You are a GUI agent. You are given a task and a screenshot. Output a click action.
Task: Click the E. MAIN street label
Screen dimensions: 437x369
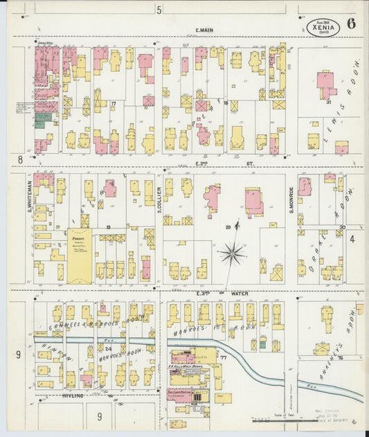coord(202,30)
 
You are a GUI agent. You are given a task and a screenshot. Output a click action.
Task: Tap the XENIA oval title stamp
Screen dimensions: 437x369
coord(324,27)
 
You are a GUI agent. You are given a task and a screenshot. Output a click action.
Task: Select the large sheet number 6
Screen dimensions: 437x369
coord(352,24)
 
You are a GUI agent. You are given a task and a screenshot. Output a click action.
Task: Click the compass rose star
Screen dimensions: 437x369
coord(232,253)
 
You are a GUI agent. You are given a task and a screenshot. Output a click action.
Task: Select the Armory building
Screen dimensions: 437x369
coord(80,255)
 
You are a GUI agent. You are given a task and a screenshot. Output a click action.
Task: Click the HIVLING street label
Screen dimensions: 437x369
coord(72,395)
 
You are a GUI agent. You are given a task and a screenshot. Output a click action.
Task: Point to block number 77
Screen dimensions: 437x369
coord(224,357)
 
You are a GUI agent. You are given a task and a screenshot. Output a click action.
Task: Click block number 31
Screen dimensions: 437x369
coord(330,102)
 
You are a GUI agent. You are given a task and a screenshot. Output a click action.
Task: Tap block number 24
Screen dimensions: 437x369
coord(99,348)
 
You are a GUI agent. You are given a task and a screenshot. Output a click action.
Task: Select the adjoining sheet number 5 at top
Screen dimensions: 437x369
coord(159,10)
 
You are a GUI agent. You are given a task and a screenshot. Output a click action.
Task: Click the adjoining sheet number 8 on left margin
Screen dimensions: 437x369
coord(21,159)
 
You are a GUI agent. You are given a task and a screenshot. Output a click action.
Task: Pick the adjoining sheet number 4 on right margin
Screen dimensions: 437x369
coord(352,239)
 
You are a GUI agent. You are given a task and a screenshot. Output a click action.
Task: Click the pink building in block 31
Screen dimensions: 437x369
coord(325,82)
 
